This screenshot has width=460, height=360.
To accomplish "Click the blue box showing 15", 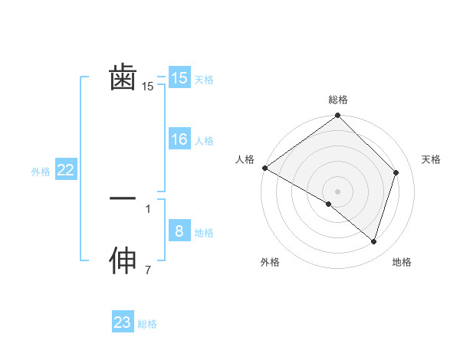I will point(179,78).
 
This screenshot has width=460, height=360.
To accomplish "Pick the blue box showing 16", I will point(179,139).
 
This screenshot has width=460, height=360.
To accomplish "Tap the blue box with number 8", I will point(179,231).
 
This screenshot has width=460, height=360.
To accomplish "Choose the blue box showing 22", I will point(65,170).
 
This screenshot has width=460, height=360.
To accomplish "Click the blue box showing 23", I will point(123,322).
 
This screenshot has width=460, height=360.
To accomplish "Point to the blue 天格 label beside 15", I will point(204,80).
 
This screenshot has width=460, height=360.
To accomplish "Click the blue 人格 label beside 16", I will point(204,141).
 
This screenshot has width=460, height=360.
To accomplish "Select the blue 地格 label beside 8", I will point(204,233).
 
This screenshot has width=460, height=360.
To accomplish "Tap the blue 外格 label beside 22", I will point(41,172).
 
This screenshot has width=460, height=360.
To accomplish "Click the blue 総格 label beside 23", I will point(147,324).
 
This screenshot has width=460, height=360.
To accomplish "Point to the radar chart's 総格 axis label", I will point(338,100).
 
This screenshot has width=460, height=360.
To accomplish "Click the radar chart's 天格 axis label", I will point(432,159).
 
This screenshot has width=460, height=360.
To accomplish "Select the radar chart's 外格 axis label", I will point(270,262).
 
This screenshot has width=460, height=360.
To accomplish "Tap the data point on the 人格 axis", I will point(264,168).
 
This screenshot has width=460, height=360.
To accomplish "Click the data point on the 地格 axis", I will point(373,241).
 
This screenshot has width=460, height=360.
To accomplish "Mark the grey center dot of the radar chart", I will point(338,191).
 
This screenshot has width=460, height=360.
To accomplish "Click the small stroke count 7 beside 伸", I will point(148,270).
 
